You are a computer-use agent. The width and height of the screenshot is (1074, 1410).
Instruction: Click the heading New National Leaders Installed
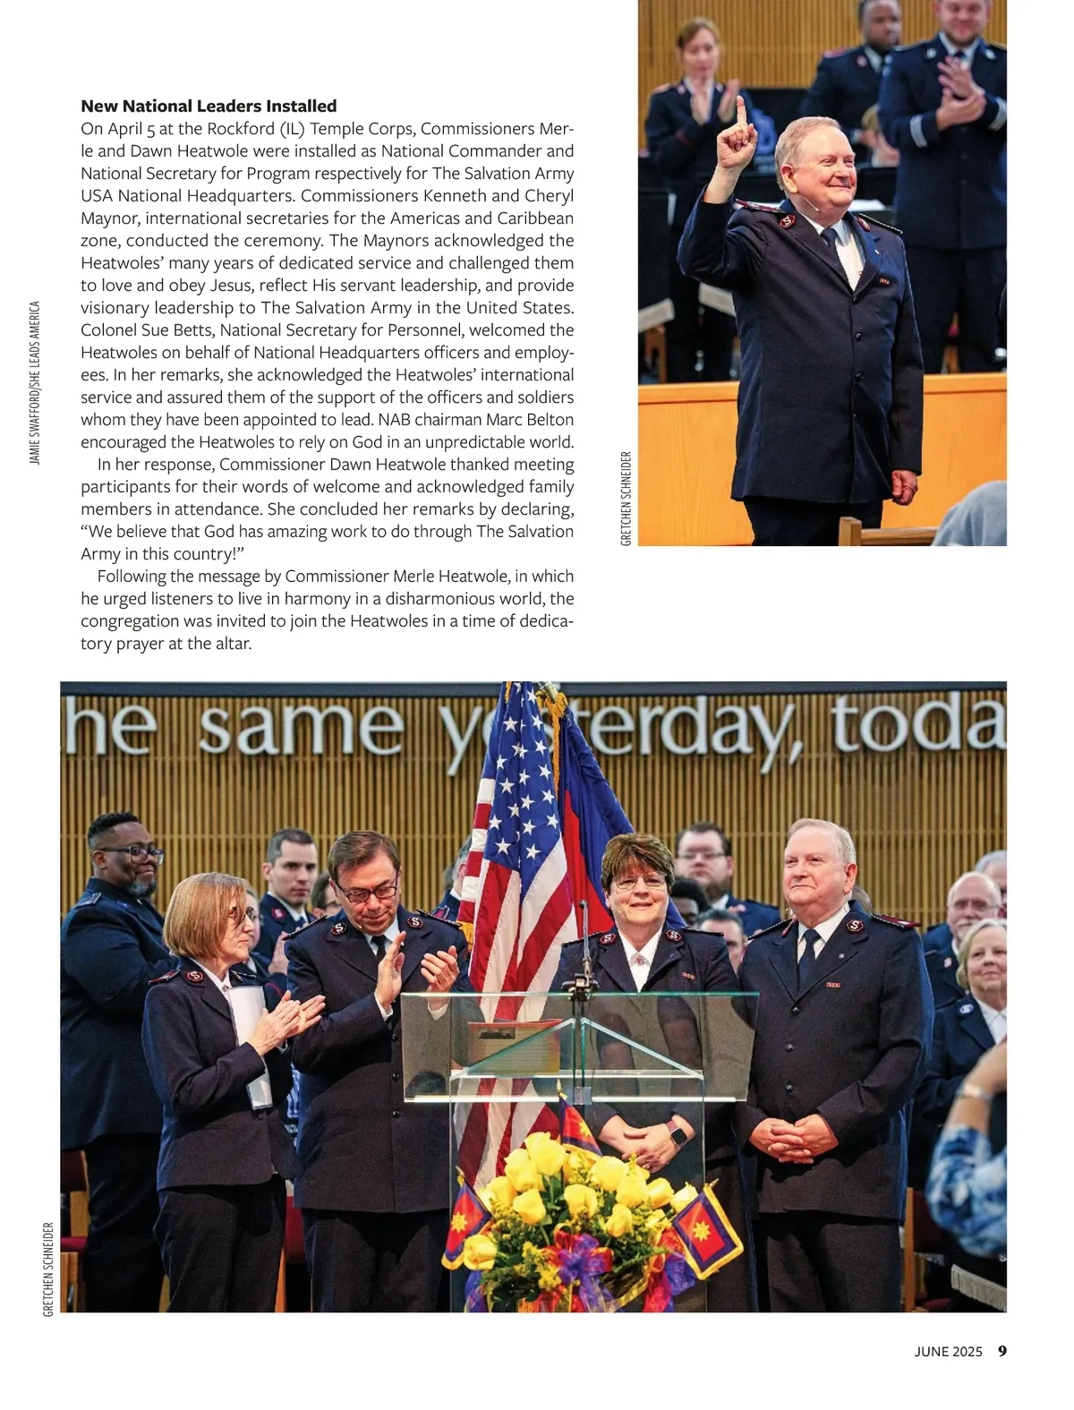tap(209, 107)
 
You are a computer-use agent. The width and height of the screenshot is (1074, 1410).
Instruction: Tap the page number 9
tap(1002, 1351)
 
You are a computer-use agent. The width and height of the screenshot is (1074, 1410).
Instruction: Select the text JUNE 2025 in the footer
tap(948, 1352)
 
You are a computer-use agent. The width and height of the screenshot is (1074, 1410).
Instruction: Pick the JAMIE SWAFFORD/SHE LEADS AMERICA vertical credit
tap(35, 382)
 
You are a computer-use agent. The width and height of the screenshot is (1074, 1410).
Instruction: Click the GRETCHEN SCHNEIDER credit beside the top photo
tap(626, 499)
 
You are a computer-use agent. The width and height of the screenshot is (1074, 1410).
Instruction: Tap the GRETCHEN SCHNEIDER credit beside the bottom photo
tap(48, 1269)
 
